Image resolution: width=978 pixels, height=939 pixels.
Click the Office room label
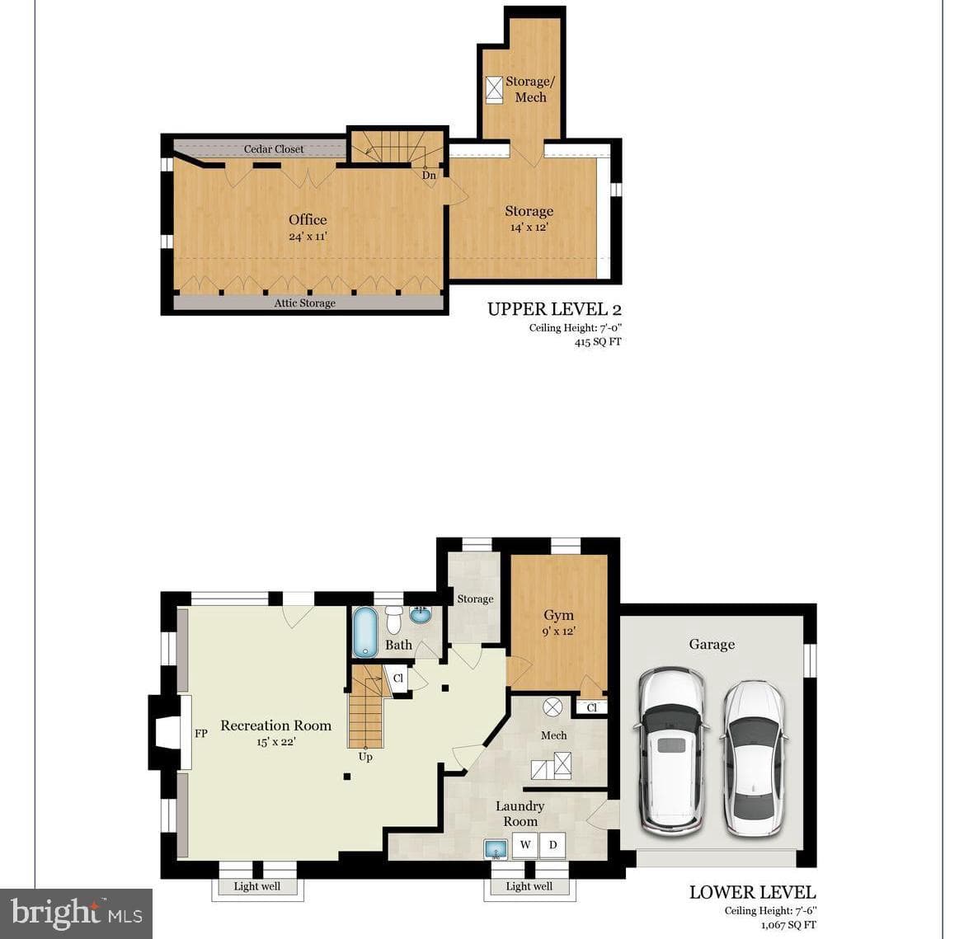[x=308, y=219]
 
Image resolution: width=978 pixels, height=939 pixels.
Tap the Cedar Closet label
[x=274, y=149]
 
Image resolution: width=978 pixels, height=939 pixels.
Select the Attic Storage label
[x=305, y=303]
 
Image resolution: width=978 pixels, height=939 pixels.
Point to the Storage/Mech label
[x=529, y=89]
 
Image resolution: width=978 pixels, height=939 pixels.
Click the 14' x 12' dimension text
[x=529, y=227]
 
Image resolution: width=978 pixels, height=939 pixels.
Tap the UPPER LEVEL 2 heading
[x=554, y=308]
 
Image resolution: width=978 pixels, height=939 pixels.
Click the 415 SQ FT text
[x=598, y=341]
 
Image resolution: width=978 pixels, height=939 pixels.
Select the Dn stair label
[x=429, y=176]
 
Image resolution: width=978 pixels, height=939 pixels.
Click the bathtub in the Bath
[x=365, y=632]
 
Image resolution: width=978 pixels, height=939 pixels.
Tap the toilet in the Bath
[x=393, y=619]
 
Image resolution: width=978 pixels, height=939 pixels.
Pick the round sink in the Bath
[x=421, y=615]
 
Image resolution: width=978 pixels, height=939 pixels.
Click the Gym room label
[x=558, y=615]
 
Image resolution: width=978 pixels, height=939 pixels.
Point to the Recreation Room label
[x=275, y=725]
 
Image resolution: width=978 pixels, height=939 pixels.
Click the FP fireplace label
[x=201, y=734]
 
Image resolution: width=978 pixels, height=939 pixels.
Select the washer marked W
[x=525, y=846]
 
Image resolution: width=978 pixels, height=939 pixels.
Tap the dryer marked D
[x=552, y=846]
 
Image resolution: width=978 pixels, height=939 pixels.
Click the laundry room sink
[x=496, y=848]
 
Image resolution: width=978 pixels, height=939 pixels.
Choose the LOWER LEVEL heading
[x=752, y=892]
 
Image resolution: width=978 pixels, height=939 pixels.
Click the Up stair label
[x=365, y=756]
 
